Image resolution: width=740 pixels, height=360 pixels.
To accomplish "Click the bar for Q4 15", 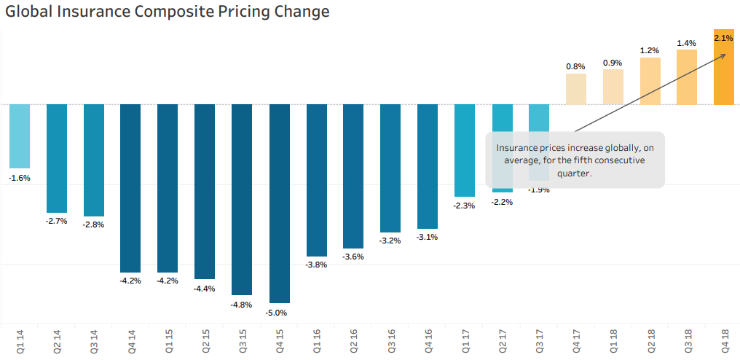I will coord(279,203).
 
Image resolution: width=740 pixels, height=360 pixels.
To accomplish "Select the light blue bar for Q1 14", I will coord(20,136).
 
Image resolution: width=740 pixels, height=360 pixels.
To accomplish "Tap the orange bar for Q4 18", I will coord(723,67).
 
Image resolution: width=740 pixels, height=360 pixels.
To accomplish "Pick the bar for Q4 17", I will coord(575,89).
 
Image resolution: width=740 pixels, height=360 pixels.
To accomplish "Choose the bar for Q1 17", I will coord(464,150).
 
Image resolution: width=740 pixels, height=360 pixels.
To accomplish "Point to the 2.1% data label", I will coord(723,37).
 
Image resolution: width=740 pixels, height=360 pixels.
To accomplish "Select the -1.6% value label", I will coord(20,178).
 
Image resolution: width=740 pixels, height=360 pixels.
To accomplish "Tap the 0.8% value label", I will coord(575,66).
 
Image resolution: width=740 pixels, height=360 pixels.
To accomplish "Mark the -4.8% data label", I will coord(242,305).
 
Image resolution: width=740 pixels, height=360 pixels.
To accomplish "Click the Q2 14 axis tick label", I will coord(57,342).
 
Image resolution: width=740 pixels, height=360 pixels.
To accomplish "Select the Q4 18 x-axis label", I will coord(724,342).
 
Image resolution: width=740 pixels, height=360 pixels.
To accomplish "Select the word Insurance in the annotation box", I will coord(518,147).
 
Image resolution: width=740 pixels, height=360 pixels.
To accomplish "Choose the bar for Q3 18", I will coord(687,77).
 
